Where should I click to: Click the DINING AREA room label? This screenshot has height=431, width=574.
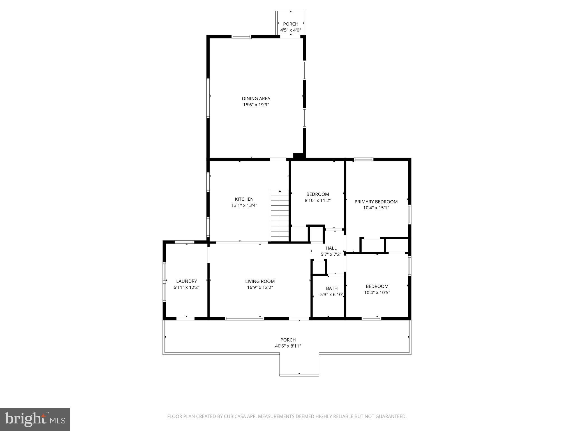click(x=256, y=98)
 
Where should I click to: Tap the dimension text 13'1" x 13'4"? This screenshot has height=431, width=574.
click(x=244, y=205)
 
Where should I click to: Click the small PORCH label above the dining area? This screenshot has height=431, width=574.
click(x=291, y=24)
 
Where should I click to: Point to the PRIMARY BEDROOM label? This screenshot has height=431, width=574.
click(x=376, y=202)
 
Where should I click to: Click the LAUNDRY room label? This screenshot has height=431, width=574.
click(x=186, y=281)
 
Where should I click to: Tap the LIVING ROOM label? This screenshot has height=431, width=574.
click(x=260, y=281)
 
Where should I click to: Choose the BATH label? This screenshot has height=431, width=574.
click(x=332, y=288)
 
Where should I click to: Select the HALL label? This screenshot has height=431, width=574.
click(x=331, y=248)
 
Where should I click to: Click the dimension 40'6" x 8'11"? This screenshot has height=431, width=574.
click(x=288, y=346)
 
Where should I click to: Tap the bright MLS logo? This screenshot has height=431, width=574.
click(x=35, y=419)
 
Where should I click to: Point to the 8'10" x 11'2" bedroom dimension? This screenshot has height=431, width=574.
click(x=318, y=201)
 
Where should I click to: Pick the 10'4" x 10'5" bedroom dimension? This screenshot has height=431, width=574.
click(x=377, y=293)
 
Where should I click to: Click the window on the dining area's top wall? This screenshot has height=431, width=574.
click(x=241, y=36)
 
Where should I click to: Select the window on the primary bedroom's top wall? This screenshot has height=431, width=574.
click(x=364, y=159)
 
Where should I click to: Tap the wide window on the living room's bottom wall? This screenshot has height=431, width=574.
click(x=244, y=318)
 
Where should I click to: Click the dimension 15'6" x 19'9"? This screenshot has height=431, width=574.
click(x=256, y=105)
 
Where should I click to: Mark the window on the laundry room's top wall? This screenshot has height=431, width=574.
click(x=184, y=242)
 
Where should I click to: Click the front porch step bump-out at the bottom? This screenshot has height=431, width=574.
click(x=299, y=365)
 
